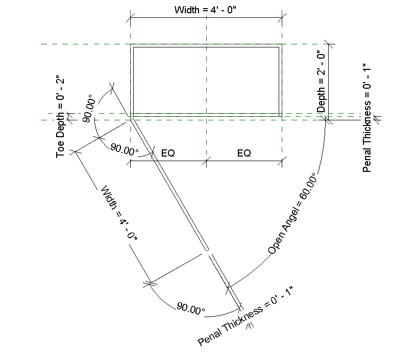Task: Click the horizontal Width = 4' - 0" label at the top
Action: point(205,10)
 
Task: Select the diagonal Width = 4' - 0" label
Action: point(119,213)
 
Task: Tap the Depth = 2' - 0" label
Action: point(321,82)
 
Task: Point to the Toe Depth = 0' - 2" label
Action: point(60,118)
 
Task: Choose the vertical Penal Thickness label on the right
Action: point(367,118)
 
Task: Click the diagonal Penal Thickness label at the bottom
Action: point(245,316)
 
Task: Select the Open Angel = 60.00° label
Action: point(292,213)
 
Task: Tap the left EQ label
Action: point(168,153)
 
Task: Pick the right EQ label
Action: point(244,153)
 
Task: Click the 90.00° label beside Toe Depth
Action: point(89,109)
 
